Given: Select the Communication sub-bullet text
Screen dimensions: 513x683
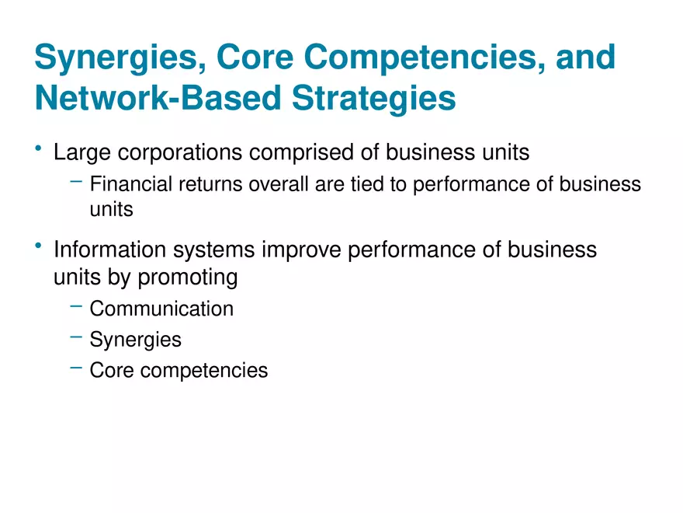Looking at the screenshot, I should click(x=161, y=309).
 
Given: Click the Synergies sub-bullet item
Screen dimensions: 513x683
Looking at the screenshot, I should click(x=135, y=340).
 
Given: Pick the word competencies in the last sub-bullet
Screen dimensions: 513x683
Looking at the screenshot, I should click(x=206, y=372).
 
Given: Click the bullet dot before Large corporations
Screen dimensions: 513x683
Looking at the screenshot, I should click(x=38, y=148).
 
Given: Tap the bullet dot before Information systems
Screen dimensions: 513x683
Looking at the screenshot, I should click(x=38, y=246).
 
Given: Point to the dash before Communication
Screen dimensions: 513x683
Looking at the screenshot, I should click(x=75, y=307).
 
